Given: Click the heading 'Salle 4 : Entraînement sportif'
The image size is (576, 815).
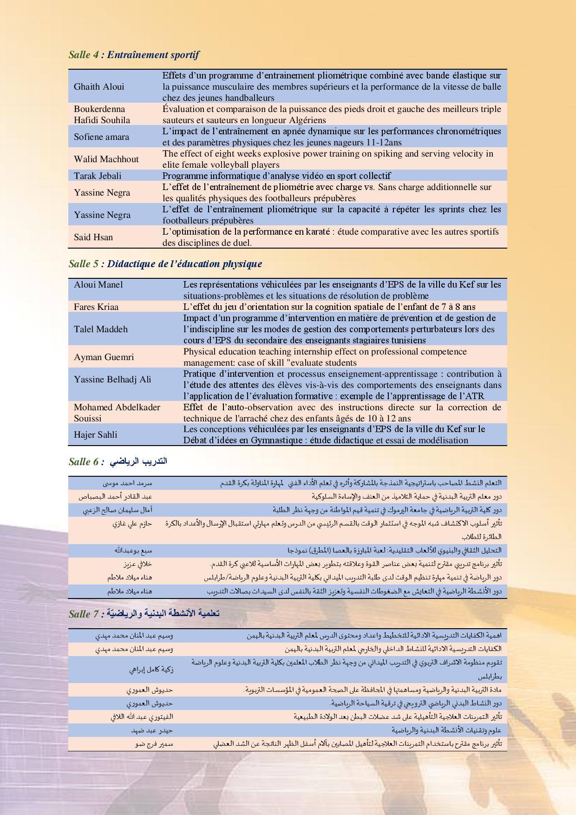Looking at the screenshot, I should tap(133, 55).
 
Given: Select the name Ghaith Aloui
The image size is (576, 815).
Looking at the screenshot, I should tap(99, 86).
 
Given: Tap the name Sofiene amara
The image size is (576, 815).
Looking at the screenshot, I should tap(101, 137).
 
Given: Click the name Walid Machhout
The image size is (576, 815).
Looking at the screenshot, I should tap(106, 159).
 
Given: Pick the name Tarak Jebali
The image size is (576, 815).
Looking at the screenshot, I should tap(98, 176).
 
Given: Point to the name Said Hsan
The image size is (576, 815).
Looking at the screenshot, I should tap(93, 237).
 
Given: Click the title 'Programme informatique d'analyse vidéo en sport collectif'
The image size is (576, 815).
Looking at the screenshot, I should tap(276, 176).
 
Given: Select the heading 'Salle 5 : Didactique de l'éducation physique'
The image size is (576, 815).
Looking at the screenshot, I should tap(165, 264).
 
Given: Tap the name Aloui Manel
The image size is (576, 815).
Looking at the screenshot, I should tap(98, 284).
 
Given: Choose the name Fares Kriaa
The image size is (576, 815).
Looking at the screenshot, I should tap(96, 307).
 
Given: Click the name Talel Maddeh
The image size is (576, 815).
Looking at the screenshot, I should tap(100, 329).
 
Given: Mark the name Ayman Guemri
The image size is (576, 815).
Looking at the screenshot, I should tap(104, 357).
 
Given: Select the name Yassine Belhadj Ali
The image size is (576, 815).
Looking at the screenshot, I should tap(112, 379).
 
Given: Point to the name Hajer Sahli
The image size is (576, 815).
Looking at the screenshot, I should tap(95, 434).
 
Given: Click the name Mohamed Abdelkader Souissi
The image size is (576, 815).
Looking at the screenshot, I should tap(117, 413).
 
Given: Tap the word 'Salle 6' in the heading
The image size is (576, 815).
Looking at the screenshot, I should tap(84, 461).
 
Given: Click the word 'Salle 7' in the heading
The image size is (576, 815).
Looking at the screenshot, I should tap(84, 614).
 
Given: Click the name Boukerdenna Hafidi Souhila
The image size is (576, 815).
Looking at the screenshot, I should tap(102, 114).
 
